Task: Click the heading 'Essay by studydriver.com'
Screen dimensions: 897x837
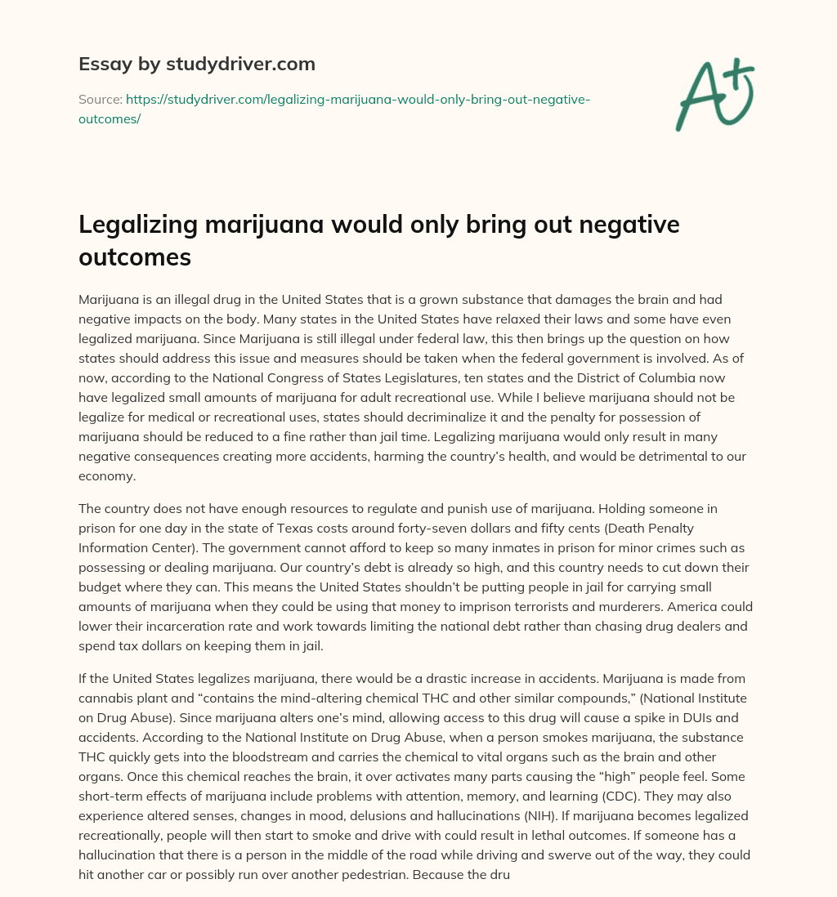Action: click(197, 64)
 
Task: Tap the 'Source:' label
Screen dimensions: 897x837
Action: click(100, 100)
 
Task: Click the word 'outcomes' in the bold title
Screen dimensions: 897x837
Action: click(135, 257)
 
